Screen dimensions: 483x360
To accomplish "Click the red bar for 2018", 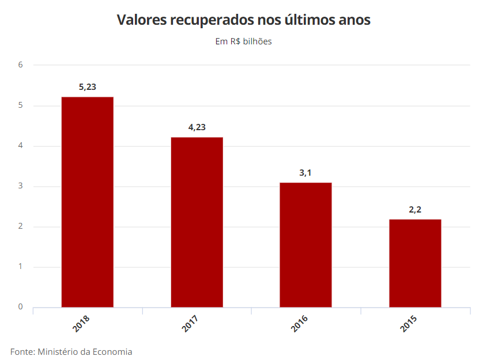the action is pyautogui.click(x=88, y=202).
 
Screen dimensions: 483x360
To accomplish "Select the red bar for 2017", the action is pyautogui.click(x=197, y=222).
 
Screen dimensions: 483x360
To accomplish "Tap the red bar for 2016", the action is pyautogui.click(x=305, y=245).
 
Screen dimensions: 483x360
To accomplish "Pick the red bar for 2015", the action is pyautogui.click(x=415, y=263).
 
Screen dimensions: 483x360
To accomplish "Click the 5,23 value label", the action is pyautogui.click(x=88, y=87).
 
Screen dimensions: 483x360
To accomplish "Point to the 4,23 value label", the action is pyautogui.click(x=197, y=127).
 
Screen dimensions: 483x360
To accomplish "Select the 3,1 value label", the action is pyautogui.click(x=305, y=173).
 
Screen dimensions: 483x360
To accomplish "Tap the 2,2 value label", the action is pyautogui.click(x=415, y=210).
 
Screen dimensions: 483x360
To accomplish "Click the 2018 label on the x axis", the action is pyautogui.click(x=81, y=324).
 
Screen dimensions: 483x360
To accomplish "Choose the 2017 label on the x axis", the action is pyautogui.click(x=190, y=324).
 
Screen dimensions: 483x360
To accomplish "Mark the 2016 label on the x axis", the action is pyautogui.click(x=299, y=324).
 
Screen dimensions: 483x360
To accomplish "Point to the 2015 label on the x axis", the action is pyautogui.click(x=409, y=324).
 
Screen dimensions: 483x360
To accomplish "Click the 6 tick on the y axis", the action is pyautogui.click(x=20, y=65).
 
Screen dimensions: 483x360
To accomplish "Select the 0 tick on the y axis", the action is pyautogui.click(x=20, y=307).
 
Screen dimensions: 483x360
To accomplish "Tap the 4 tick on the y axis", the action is pyautogui.click(x=20, y=145).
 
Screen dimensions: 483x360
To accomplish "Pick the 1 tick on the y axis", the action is pyautogui.click(x=20, y=266).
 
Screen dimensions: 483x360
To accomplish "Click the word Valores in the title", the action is pyautogui.click(x=142, y=20).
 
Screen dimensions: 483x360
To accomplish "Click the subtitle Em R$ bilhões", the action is pyautogui.click(x=243, y=41).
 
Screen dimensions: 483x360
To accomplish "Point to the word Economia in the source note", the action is pyautogui.click(x=112, y=352).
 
